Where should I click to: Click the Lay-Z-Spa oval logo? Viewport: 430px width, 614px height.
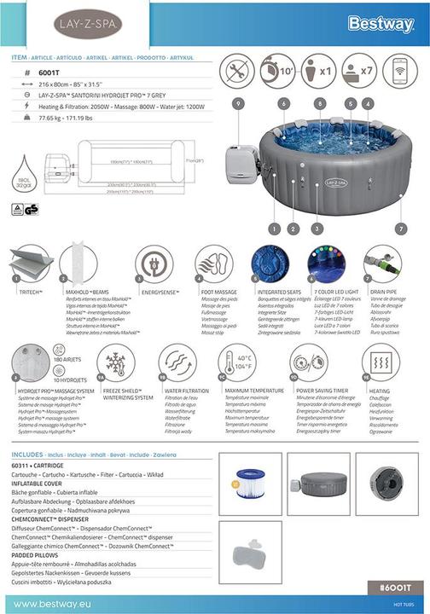(88, 25)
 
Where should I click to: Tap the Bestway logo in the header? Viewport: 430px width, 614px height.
(381, 24)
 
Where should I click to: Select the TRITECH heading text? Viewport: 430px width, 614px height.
(32, 290)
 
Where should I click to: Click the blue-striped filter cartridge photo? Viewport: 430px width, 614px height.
(250, 484)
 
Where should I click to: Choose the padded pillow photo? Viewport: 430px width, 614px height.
(250, 553)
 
